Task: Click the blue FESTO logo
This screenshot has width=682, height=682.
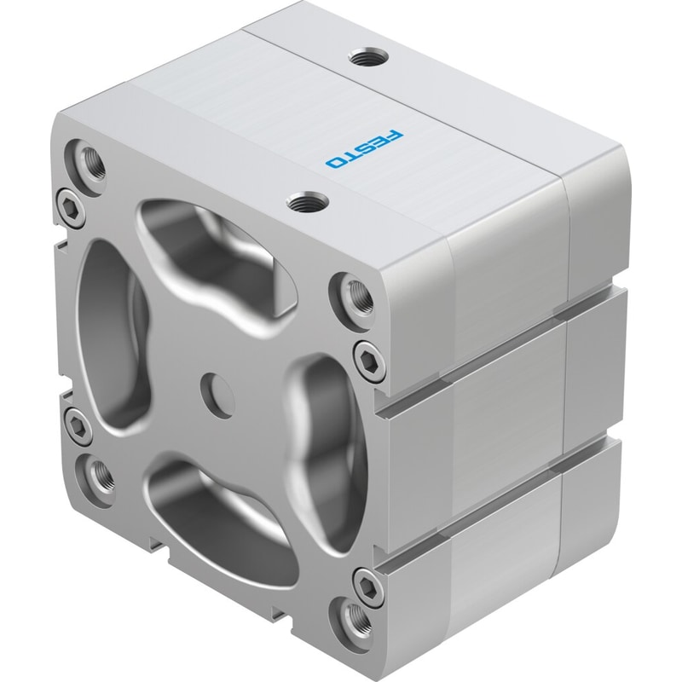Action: click(x=365, y=148)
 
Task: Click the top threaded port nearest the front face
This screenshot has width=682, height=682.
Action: click(x=308, y=202)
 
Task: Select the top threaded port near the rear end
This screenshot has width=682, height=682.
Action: click(x=370, y=57)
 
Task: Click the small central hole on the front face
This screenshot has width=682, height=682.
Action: click(x=217, y=394)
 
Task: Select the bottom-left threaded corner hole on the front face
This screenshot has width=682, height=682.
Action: click(x=98, y=477)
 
